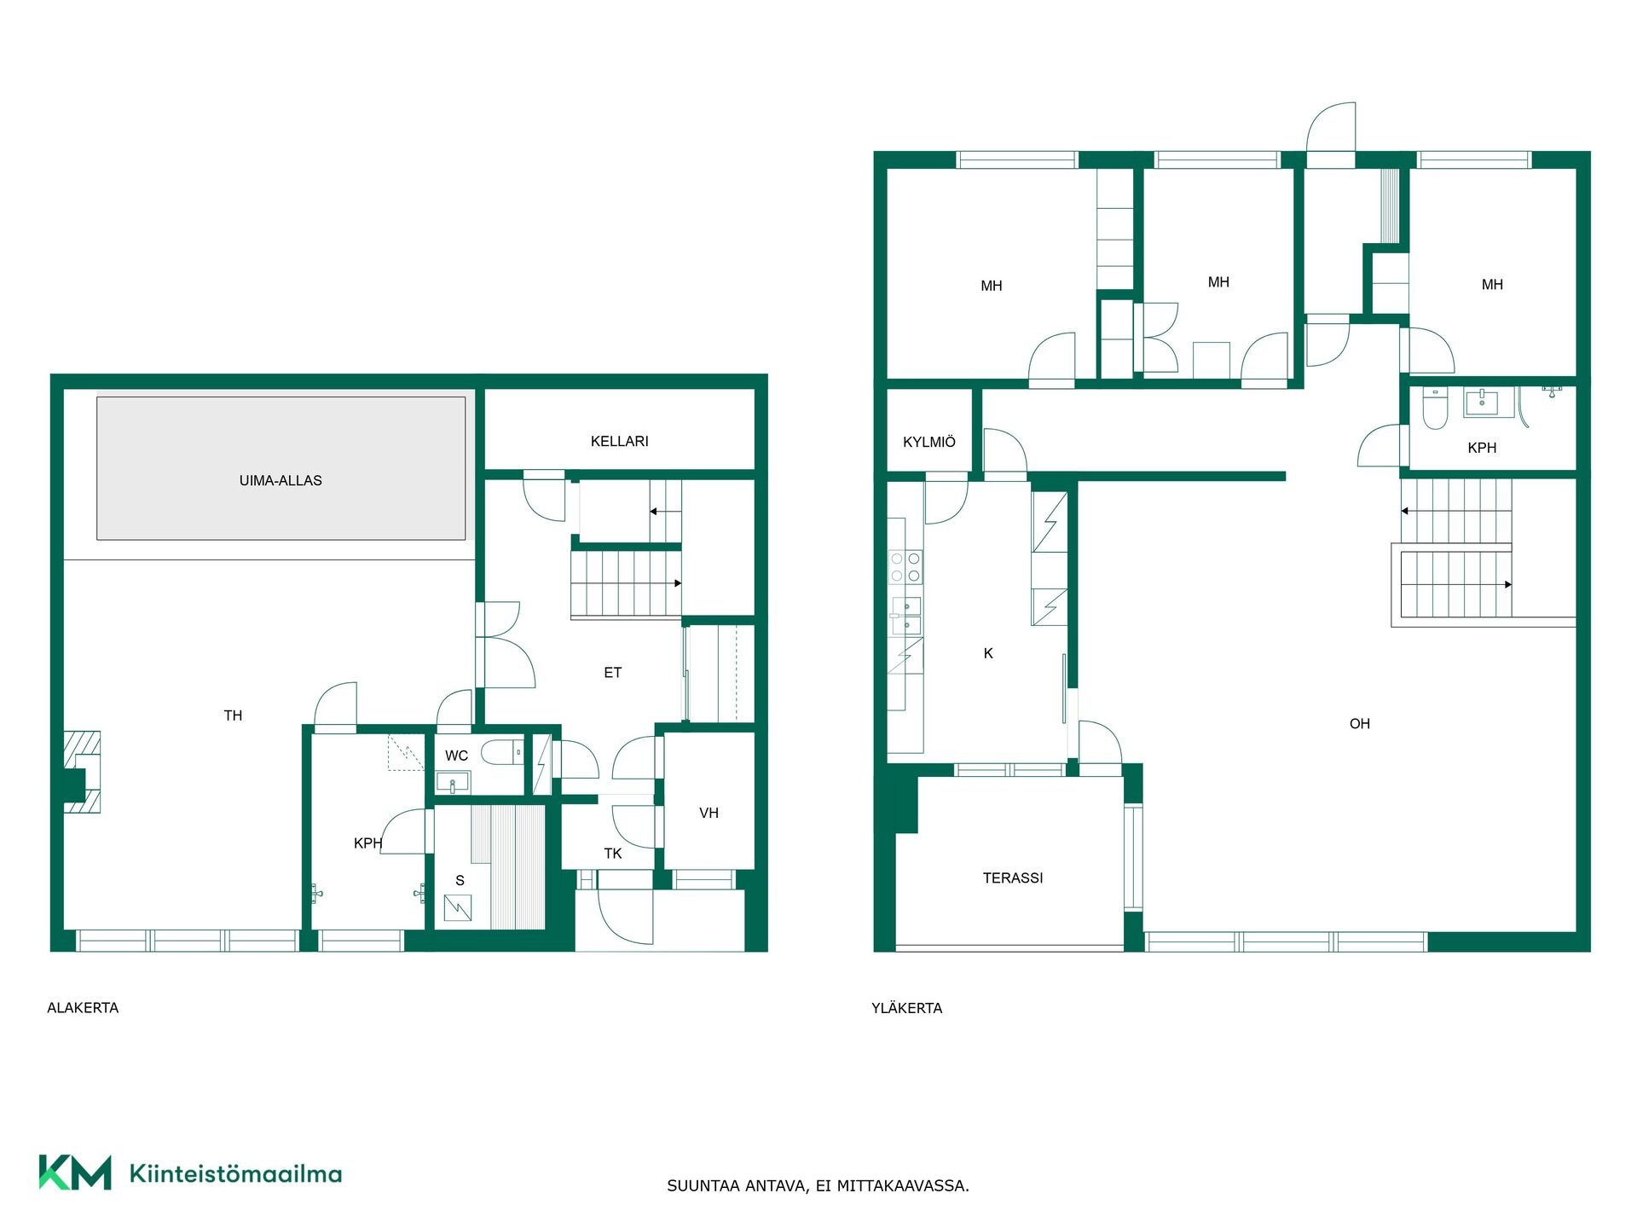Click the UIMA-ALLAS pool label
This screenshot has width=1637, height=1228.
pyautogui.click(x=281, y=481)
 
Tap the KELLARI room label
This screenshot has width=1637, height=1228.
pyautogui.click(x=620, y=442)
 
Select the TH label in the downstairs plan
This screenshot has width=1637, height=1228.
pyautogui.click(x=233, y=716)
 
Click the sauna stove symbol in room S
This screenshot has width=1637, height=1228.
pyautogui.click(x=458, y=907)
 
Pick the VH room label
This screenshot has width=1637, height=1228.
pyautogui.click(x=709, y=814)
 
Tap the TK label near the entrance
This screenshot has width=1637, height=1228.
pyautogui.click(x=613, y=854)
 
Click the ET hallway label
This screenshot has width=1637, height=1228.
pyautogui.click(x=613, y=673)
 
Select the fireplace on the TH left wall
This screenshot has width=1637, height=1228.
pyautogui.click(x=82, y=772)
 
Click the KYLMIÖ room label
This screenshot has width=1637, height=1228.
pyautogui.click(x=929, y=443)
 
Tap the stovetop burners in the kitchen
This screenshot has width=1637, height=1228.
pyautogui.click(x=905, y=567)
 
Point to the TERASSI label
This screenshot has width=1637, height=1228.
pyautogui.click(x=1013, y=878)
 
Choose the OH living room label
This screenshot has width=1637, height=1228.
pyautogui.click(x=1360, y=724)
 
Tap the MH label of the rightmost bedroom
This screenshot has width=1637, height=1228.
pyautogui.click(x=1492, y=285)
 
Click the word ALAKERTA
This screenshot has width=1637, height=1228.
pyautogui.click(x=83, y=1008)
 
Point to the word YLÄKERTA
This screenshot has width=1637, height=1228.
pyautogui.click(x=907, y=1008)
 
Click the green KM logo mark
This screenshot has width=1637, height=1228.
pyautogui.click(x=75, y=1173)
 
